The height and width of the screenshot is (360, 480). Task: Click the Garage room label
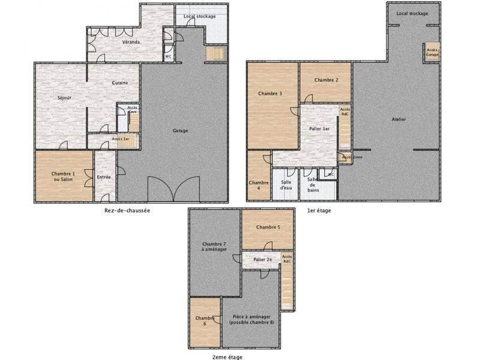181,130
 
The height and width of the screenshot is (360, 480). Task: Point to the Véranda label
131,42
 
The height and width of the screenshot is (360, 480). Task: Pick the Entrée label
104,177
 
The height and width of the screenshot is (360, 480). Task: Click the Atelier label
399,119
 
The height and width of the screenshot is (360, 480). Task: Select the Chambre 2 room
326,80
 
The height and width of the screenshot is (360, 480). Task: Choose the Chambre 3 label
270,94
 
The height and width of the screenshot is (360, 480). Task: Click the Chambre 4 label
259,185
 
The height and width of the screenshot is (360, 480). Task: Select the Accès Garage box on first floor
432,52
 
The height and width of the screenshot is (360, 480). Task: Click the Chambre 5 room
268,227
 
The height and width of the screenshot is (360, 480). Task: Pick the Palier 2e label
263,260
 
